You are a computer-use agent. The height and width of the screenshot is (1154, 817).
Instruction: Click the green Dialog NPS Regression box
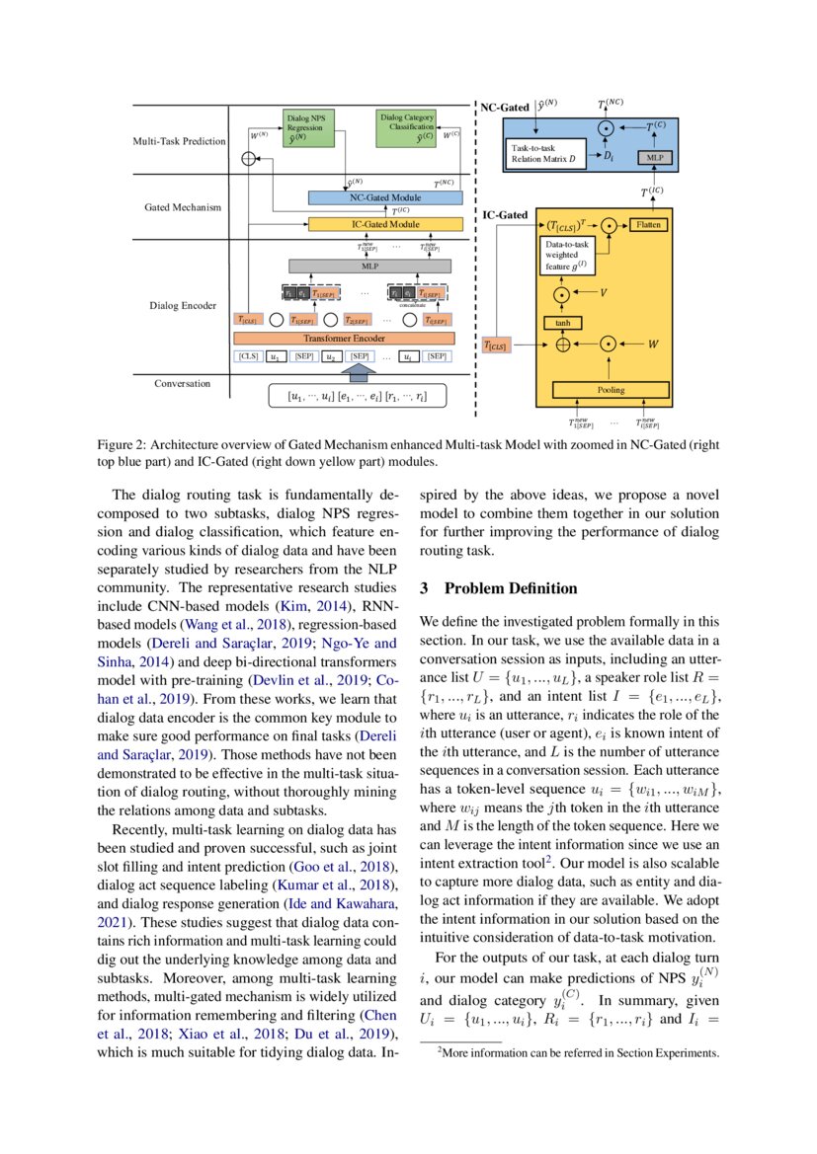[x=308, y=128]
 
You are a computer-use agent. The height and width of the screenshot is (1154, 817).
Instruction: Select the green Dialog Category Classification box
[x=407, y=128]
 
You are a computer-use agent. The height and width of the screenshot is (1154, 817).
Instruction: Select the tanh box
[x=563, y=322]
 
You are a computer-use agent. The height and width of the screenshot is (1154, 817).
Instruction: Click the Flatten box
[x=647, y=225]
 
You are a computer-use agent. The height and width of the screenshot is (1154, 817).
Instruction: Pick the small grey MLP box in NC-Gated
[x=652, y=158]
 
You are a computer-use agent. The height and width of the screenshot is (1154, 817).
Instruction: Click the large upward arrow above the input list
[x=358, y=372]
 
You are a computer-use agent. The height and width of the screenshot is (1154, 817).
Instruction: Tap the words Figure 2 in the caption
[x=122, y=444]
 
